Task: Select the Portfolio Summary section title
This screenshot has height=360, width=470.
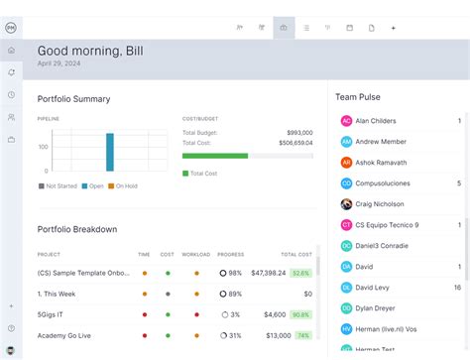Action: (x=73, y=99)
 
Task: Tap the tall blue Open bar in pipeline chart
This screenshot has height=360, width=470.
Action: (x=110, y=152)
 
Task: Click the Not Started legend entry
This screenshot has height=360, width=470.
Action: (x=59, y=185)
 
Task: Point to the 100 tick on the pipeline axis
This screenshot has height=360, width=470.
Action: (x=43, y=147)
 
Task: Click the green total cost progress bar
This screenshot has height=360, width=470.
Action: (x=215, y=156)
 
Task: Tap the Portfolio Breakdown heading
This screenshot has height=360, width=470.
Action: (x=77, y=229)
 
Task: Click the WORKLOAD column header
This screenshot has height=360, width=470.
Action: (x=194, y=255)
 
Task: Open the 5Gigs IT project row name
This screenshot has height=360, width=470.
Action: (x=52, y=314)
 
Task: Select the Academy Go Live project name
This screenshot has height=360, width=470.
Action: (x=63, y=335)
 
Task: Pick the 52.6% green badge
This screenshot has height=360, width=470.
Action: (x=300, y=273)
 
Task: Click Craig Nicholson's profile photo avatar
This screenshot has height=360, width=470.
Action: (x=346, y=204)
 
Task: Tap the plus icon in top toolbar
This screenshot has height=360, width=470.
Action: (x=393, y=28)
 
